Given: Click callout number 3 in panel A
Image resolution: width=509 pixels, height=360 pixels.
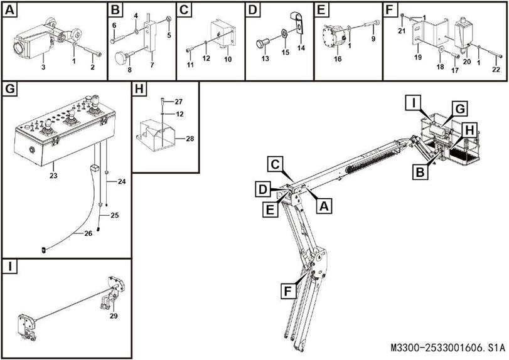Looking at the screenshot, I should [x=43, y=66].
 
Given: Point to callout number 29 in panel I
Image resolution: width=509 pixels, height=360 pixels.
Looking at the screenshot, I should [x=114, y=315].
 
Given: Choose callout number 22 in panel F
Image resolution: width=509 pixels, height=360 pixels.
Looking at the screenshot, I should [x=496, y=69].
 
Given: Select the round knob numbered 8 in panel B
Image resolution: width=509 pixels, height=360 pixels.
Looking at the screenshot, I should [x=121, y=58].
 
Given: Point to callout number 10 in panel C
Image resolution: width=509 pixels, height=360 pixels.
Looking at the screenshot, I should [x=227, y=59].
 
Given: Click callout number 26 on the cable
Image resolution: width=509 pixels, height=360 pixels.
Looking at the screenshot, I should [x=88, y=233].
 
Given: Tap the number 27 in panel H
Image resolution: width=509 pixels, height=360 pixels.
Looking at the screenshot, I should [x=178, y=101].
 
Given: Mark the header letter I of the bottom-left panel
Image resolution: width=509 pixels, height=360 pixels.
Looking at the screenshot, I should [x=9, y=267].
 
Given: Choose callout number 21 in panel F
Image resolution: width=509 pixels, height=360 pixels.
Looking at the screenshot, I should [x=401, y=31].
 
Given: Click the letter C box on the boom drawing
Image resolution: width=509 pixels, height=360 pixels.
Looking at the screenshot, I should [x=274, y=164].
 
